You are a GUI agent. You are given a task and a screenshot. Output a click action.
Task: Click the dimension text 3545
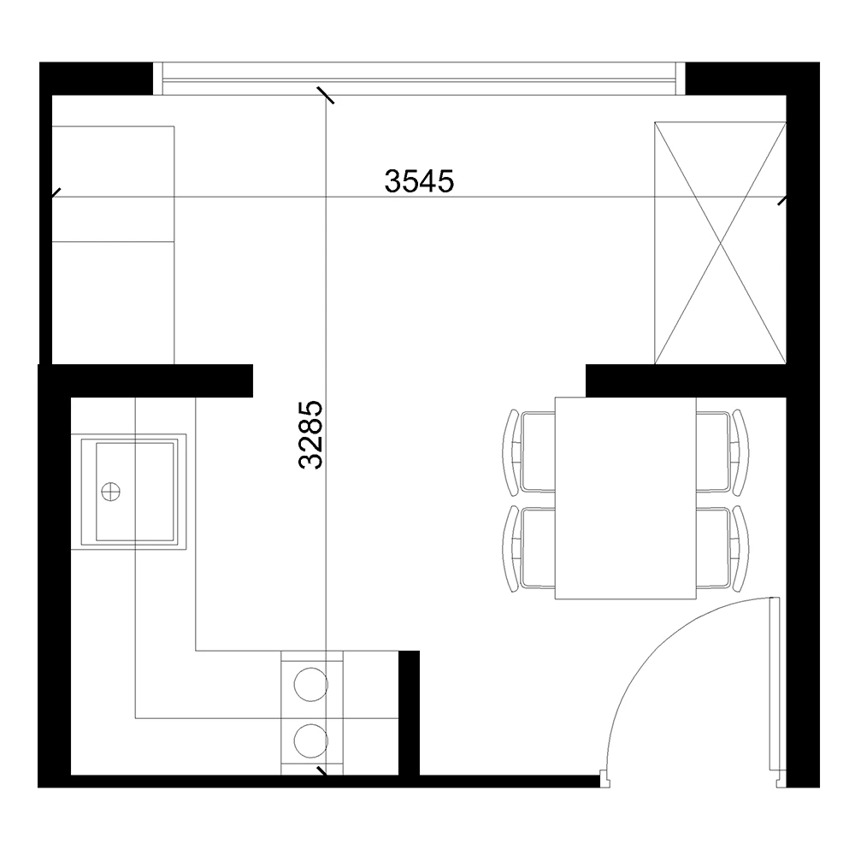click(x=419, y=181)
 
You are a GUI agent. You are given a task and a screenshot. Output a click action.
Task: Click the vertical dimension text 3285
click(x=311, y=434)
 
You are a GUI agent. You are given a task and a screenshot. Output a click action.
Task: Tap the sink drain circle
click(x=110, y=492)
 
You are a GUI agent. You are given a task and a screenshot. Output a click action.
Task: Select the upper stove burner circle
click(x=311, y=684)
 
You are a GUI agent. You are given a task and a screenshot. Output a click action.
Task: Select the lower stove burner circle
click(x=311, y=740)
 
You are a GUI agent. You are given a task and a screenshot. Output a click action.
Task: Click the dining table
click(x=626, y=498)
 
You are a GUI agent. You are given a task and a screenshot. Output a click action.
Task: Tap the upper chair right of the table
click(x=722, y=452)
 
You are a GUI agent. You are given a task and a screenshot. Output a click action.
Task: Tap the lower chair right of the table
click(x=722, y=549)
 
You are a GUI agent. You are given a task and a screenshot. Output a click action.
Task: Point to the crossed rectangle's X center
click(x=720, y=243)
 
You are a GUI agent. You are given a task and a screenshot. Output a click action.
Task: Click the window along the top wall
click(x=419, y=79)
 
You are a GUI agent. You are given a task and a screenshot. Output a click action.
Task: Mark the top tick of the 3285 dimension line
click(x=326, y=95)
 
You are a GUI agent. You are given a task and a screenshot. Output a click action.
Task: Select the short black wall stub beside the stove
click(x=409, y=713)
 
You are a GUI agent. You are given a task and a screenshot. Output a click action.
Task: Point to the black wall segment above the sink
click(x=145, y=380)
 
